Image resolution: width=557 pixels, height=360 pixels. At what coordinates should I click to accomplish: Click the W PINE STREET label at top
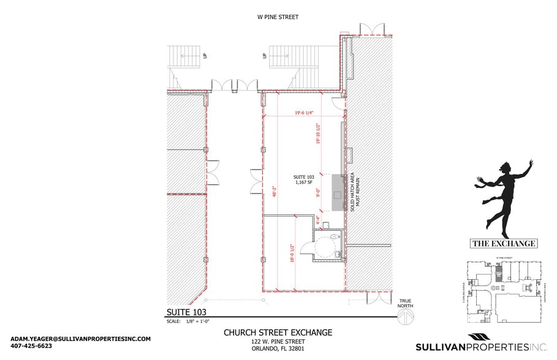(278, 17)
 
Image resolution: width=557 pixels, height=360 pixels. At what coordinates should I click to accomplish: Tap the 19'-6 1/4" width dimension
(304, 113)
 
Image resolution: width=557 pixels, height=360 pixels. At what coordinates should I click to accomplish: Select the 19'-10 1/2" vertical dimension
(319, 133)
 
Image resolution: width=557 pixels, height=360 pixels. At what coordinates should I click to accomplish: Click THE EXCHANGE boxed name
(504, 244)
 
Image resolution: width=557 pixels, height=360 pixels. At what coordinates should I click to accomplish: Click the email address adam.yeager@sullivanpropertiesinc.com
(80, 339)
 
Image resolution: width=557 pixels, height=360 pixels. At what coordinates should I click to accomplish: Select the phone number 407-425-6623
(31, 346)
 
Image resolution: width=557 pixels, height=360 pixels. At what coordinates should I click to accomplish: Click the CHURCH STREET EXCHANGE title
(278, 332)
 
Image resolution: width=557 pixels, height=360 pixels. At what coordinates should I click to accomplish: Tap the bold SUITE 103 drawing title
(187, 312)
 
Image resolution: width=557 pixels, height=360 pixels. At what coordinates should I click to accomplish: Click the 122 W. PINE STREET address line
(278, 342)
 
